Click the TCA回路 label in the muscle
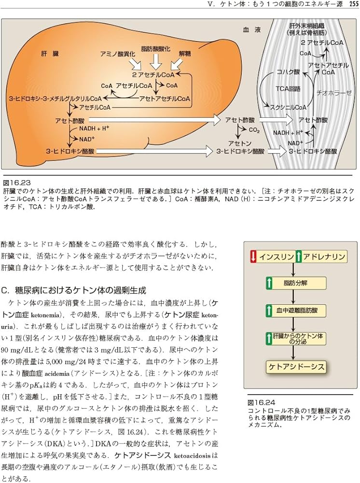pyautogui.click(x=288, y=88)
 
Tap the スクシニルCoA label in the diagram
pyautogui.click(x=288, y=107)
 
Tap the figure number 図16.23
pyautogui.click(x=17, y=183)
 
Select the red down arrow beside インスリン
pyautogui.click(x=253, y=256)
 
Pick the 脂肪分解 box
pyautogui.click(x=294, y=283)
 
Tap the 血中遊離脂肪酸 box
pyautogui.click(x=294, y=310)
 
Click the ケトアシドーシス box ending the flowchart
pyautogui.click(x=296, y=367)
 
